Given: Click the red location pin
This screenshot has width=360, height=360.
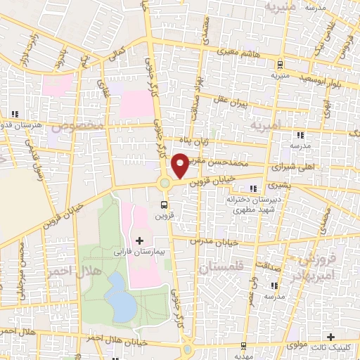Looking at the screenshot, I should coord(180,165).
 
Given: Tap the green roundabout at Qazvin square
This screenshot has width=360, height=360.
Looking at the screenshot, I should coord(165,184).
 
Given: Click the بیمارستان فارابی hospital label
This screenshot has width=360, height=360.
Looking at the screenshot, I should coord(138,250).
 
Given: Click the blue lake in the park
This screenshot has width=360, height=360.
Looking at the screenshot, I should coord(122,295).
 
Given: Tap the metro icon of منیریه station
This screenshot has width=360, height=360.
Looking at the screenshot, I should coord(279,61).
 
